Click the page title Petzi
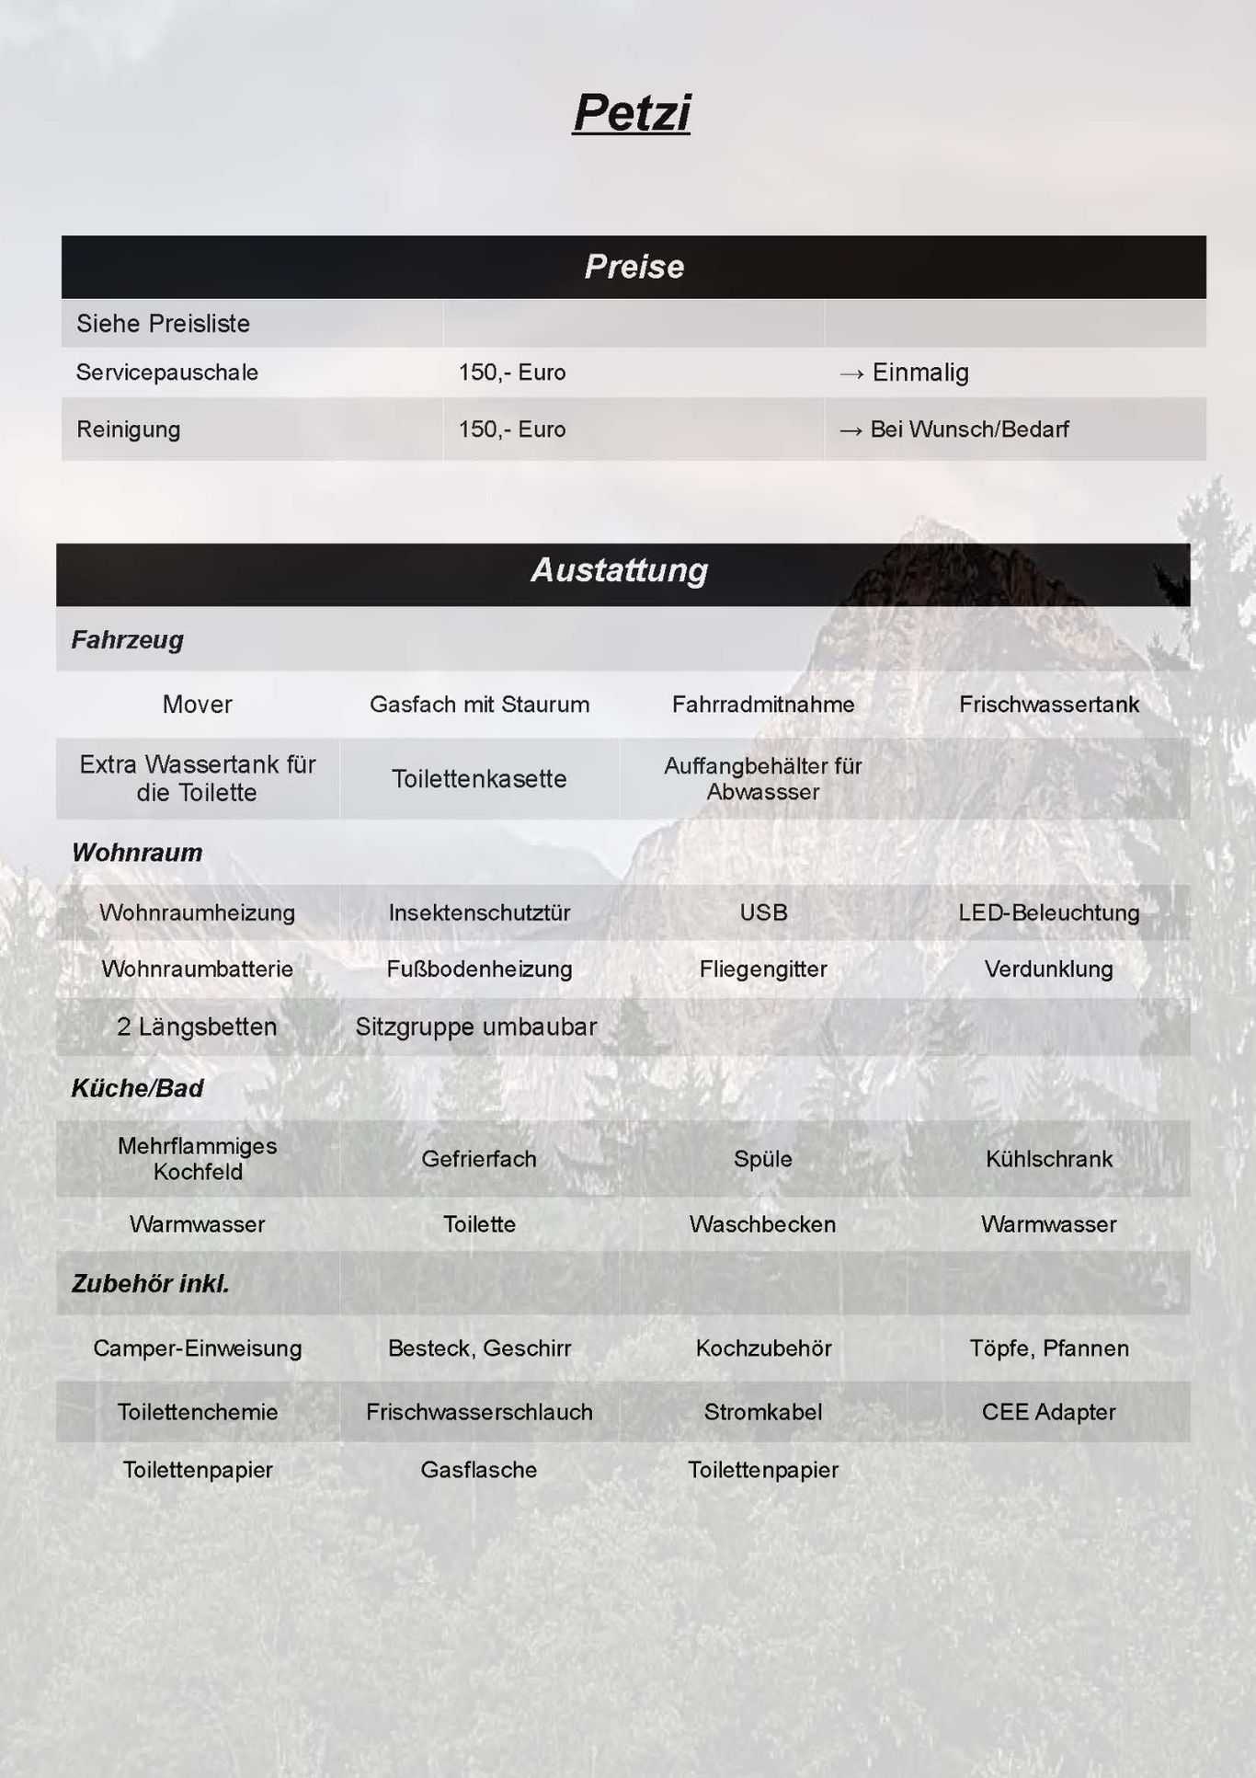[x=631, y=113]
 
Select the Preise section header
[x=634, y=267]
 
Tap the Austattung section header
[x=620, y=570]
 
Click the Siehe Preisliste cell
[x=163, y=324]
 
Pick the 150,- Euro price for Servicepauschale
[x=512, y=373]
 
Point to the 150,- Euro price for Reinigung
[x=512, y=430]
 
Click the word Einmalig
[x=919, y=373]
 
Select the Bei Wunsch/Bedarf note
[x=969, y=430]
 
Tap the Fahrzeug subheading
[x=128, y=639]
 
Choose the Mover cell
[x=197, y=705]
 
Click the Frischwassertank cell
[x=1048, y=705]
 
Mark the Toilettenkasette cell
[x=479, y=779]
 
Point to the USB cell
[x=763, y=912]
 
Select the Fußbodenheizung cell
[x=479, y=969]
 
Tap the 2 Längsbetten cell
[x=197, y=1027]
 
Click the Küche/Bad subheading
[x=137, y=1088]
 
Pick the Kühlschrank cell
[x=1048, y=1159]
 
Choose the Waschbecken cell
[x=762, y=1224]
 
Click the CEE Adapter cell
[x=1048, y=1412]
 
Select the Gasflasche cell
[x=479, y=1470]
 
